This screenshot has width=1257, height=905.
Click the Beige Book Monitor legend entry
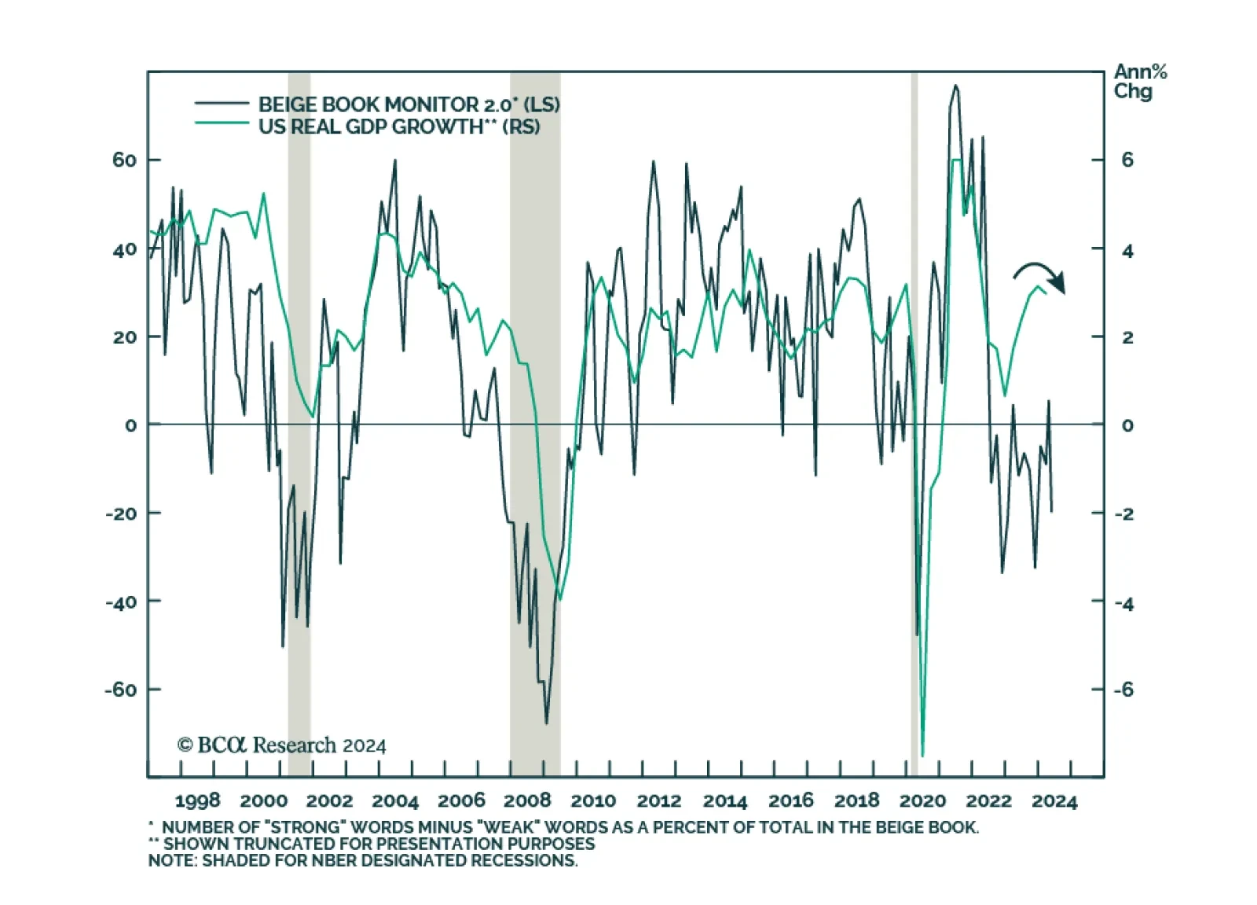(x=409, y=105)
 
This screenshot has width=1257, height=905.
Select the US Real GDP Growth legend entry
(x=399, y=127)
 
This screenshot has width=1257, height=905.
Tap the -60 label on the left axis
(x=121, y=690)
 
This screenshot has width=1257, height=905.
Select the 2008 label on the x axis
(x=526, y=801)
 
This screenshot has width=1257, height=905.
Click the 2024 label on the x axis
(x=1054, y=801)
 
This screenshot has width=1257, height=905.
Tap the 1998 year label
(x=197, y=801)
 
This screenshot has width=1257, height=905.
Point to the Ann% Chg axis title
(x=1139, y=82)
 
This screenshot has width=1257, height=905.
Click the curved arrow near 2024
(x=1039, y=276)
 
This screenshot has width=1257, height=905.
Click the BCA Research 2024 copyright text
(x=282, y=745)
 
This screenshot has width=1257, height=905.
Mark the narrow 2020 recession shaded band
(x=914, y=425)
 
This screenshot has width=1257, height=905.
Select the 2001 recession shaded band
(x=299, y=425)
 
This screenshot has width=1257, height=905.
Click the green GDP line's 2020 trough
(x=922, y=756)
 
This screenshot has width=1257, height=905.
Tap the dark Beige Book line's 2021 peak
(x=955, y=86)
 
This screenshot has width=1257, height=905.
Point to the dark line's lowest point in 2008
(x=547, y=723)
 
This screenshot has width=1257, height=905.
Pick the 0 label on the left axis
(x=130, y=425)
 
